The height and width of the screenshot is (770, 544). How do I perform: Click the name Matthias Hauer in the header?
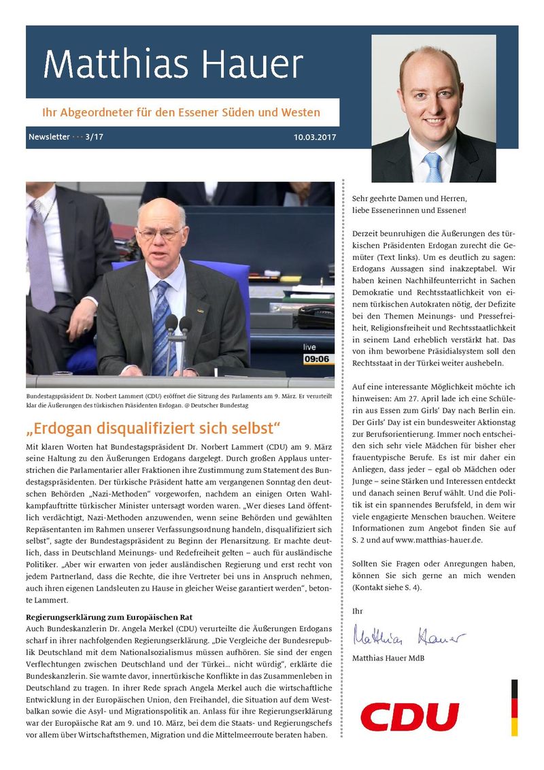coord(173,65)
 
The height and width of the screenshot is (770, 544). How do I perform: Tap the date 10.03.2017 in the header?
coord(314,137)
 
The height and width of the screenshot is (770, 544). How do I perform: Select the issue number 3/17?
coord(95,137)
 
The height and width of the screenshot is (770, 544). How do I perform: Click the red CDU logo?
coord(409,717)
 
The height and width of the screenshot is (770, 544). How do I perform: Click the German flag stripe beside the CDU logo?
coord(515,707)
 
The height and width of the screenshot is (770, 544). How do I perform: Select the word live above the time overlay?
coord(309,347)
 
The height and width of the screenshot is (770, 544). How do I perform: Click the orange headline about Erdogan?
coord(153,429)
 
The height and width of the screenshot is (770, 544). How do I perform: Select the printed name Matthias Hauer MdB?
coord(388,658)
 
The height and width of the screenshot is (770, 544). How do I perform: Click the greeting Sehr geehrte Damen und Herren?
coord(409,198)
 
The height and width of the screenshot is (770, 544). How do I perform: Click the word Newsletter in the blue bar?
coord(49,137)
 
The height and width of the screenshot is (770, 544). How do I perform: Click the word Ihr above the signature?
coord(358,612)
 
